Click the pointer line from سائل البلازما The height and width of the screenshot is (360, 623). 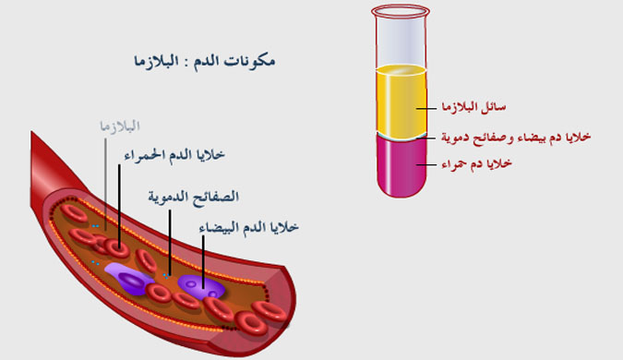pos(426,109)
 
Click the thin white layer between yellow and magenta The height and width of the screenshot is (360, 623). pos(399,134)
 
